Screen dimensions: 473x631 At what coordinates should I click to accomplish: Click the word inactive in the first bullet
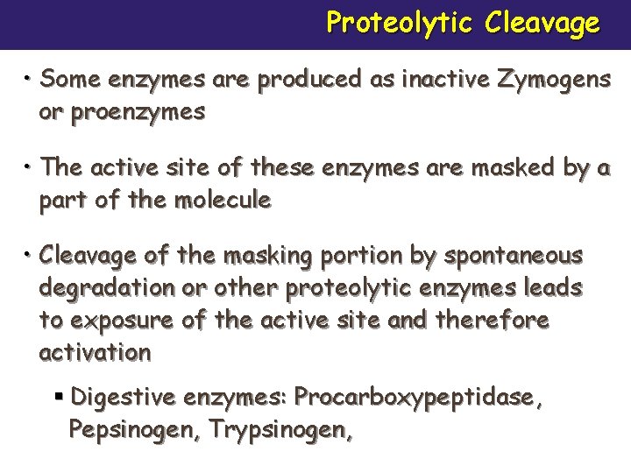(x=433, y=79)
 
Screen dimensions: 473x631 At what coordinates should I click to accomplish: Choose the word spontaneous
(x=513, y=256)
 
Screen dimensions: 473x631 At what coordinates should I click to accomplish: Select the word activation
(x=95, y=353)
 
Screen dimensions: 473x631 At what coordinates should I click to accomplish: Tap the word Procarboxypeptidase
(x=417, y=398)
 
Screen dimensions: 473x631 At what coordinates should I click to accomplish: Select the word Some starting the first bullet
(x=71, y=79)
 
